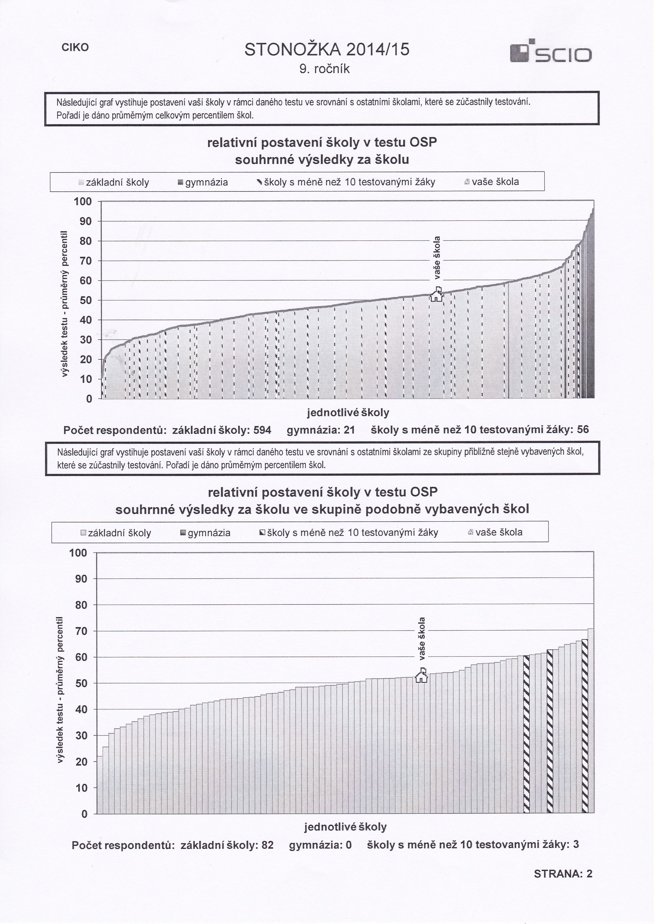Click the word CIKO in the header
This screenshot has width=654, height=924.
75,47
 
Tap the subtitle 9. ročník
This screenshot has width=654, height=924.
325,69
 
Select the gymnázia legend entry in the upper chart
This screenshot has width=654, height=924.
203,182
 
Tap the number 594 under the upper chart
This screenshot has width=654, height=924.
262,430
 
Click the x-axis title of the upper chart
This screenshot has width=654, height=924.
348,413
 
